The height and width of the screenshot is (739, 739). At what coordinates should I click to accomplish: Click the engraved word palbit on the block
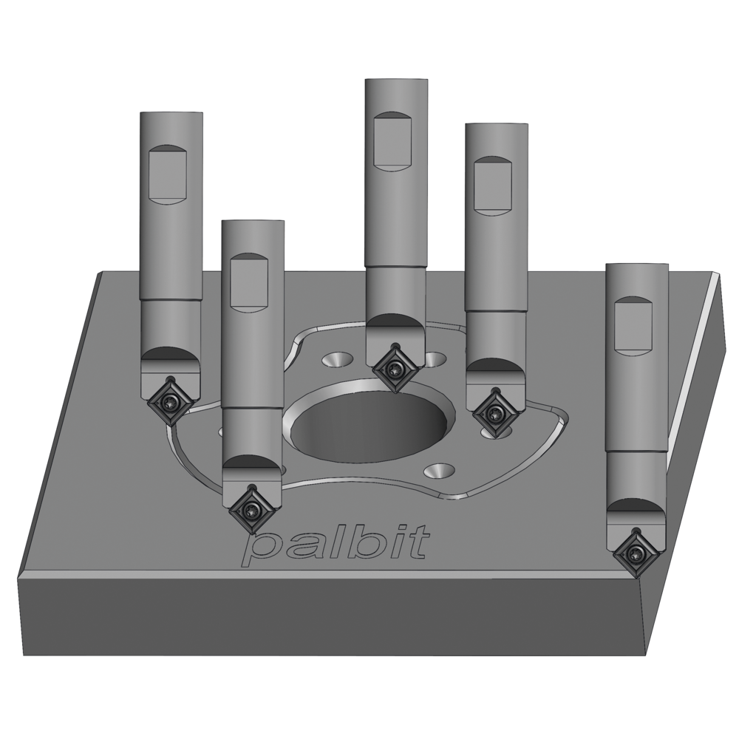(x=336, y=545)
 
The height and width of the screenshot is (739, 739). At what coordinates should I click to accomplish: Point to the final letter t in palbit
(x=419, y=543)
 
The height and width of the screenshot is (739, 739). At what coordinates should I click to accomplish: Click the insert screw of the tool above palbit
(x=253, y=508)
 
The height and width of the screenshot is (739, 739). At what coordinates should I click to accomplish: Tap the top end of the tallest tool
(x=396, y=81)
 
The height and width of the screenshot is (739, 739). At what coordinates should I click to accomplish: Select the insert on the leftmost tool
(x=171, y=401)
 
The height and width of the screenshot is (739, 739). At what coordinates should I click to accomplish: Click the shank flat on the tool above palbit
(x=250, y=283)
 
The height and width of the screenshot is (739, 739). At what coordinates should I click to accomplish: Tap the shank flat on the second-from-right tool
(x=493, y=186)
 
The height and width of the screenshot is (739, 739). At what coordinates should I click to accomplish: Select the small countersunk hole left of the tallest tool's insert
(x=338, y=359)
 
